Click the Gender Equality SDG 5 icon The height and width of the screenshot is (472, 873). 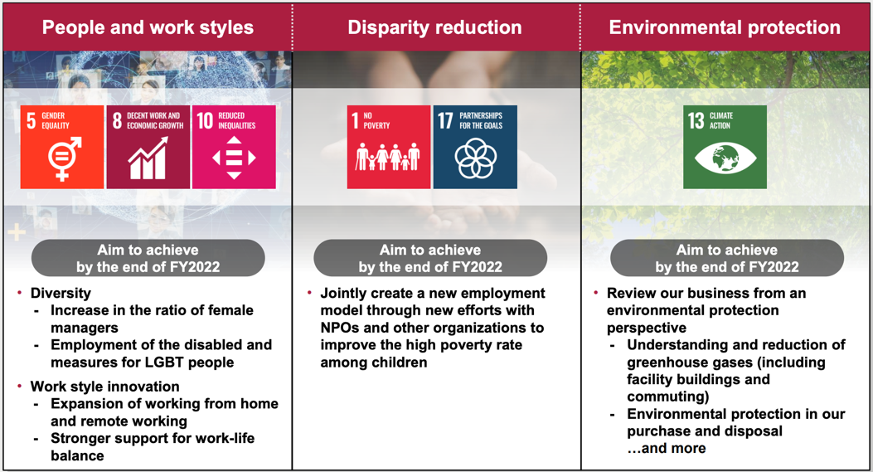pos(62,147)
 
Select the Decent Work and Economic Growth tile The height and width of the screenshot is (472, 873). pos(148,147)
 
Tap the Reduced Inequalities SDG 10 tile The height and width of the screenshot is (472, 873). pos(234,147)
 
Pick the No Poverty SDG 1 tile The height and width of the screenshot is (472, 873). pos(389,147)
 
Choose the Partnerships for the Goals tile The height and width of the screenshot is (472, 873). pos(475,147)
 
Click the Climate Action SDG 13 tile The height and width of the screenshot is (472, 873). pos(725,147)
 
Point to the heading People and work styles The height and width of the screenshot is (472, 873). pos(148,27)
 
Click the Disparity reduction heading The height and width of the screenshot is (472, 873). pos(434,27)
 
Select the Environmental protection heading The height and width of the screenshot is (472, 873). pos(725,27)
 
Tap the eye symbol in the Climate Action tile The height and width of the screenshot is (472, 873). pos(725,158)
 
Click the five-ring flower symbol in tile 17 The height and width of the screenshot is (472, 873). pos(476,158)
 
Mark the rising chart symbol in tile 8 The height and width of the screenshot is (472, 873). pos(148,158)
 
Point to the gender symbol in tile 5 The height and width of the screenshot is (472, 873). pos(65,158)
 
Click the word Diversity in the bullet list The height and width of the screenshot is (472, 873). pos(61,293)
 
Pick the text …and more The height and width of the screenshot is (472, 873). pos(667,448)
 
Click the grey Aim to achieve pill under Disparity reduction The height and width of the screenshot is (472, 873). pos(430,258)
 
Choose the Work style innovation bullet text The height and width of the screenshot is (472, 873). pos(105,387)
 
